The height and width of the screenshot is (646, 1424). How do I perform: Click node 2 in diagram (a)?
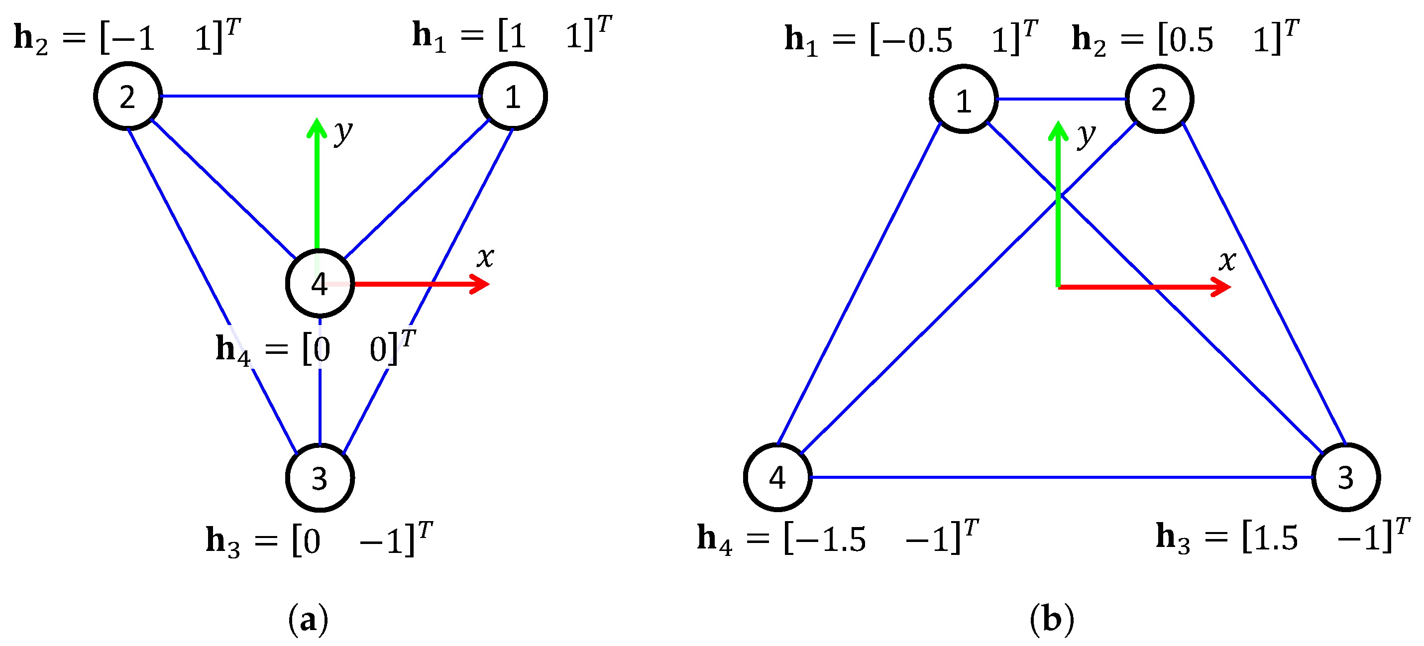pyautogui.click(x=128, y=97)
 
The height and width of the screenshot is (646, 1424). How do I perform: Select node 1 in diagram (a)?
pyautogui.click(x=513, y=97)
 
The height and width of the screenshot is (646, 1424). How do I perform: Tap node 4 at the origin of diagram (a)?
pyautogui.click(x=320, y=284)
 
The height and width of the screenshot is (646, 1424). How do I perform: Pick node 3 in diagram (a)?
pyautogui.click(x=320, y=477)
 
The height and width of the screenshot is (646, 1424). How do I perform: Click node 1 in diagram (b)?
pyautogui.click(x=964, y=100)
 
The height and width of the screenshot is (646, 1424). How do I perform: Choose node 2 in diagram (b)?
pyautogui.click(x=1159, y=100)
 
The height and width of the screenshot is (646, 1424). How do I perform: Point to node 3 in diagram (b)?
pyautogui.click(x=1345, y=477)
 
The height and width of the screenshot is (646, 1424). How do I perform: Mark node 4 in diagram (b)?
pyautogui.click(x=777, y=477)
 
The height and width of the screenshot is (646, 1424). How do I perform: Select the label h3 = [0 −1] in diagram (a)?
pyautogui.click(x=319, y=539)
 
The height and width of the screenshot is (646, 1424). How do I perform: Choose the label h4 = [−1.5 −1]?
pyautogui.click(x=838, y=537)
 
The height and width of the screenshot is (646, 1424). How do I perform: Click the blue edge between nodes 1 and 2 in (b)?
pyautogui.click(x=1061, y=100)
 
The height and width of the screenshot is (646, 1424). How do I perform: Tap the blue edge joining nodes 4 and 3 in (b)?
pyautogui.click(x=1061, y=477)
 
